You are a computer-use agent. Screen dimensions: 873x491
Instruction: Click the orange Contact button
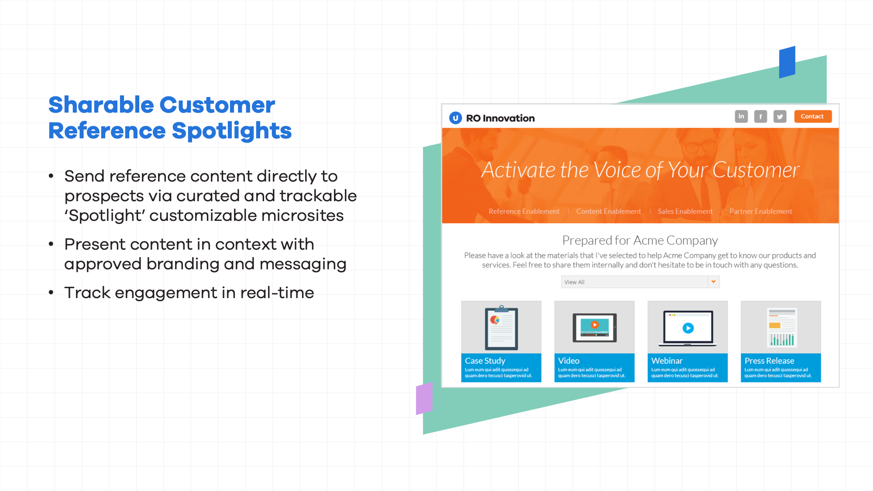coord(812,117)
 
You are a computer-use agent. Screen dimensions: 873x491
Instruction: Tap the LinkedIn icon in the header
coord(741,117)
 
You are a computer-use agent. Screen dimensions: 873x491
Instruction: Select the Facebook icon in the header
coord(760,117)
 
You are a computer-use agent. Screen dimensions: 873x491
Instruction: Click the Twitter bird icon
coord(780,117)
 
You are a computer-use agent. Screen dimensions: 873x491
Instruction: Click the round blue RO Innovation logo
coord(456,118)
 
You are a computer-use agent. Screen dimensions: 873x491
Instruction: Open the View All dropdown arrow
coord(713,282)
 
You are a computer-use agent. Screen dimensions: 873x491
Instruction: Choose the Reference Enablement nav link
coord(524,211)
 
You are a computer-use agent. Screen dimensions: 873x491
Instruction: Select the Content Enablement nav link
coord(608,211)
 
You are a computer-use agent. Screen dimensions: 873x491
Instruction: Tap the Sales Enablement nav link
coord(685,211)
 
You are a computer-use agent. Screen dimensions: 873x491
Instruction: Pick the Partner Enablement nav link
coord(761,211)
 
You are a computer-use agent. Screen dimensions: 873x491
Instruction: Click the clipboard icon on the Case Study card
coord(502,328)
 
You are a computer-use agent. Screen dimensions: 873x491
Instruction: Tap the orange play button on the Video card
coord(595,325)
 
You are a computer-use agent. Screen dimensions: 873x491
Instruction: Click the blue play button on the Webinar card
coord(688,328)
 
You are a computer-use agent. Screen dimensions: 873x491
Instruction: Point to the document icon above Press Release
coord(782,327)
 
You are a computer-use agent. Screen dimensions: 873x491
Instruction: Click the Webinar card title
coord(667,361)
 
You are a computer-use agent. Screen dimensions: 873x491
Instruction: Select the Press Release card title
coord(770,361)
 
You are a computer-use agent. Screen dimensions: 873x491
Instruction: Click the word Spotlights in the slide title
coord(231,131)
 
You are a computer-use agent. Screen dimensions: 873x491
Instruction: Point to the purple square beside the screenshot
coord(424,398)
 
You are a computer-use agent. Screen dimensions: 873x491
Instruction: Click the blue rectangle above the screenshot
coord(787,62)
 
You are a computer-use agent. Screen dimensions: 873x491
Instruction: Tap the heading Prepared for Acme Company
coord(640,240)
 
